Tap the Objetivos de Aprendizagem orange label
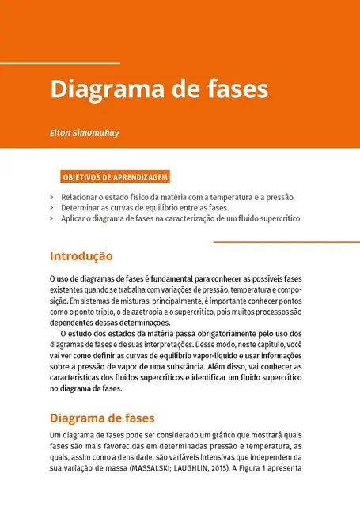115,178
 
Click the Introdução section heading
81,256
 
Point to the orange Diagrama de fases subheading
101,418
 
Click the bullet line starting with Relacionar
177,197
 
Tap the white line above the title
60,62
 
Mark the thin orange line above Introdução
286,242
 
